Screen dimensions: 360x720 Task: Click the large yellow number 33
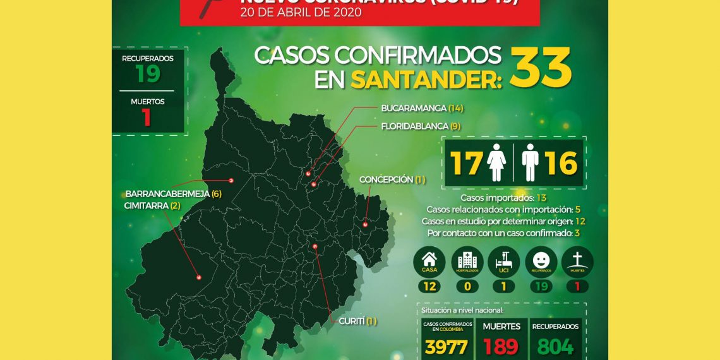click(540, 68)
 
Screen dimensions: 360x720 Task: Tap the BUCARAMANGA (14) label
click(422, 108)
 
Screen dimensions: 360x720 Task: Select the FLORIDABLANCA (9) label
click(421, 126)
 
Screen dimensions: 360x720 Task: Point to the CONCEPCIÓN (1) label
click(392, 180)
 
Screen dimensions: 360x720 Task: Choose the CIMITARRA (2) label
click(152, 206)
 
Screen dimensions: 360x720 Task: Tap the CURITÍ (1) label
click(357, 321)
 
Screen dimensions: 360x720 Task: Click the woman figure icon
click(497, 162)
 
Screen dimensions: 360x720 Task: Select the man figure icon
click(530, 162)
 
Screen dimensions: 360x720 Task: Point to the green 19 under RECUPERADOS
click(148, 74)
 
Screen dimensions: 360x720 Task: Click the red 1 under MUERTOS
click(147, 117)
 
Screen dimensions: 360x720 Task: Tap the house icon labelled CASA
click(429, 261)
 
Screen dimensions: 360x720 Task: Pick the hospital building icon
click(467, 261)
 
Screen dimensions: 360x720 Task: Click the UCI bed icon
click(504, 261)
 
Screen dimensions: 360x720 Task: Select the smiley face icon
click(541, 261)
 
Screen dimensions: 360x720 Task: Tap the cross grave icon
click(577, 261)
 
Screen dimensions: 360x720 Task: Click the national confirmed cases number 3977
click(447, 347)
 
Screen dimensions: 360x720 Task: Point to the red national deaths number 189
click(500, 347)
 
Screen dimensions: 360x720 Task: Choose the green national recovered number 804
click(556, 347)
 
